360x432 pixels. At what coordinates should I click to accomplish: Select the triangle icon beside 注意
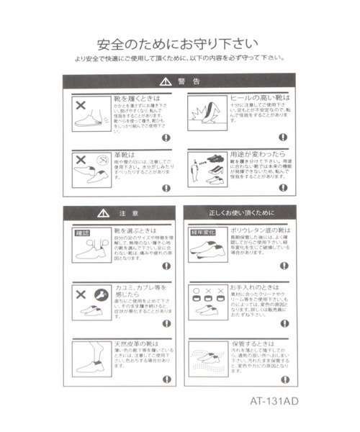pos(102,213)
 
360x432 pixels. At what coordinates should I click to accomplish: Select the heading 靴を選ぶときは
pos(138,230)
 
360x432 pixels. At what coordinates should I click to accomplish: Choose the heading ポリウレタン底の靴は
pos(259,230)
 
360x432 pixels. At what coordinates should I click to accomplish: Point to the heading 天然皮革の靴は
pos(138,344)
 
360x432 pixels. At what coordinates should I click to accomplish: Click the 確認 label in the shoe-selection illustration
pos(83,233)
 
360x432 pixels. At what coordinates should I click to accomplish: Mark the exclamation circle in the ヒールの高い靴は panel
pos(287,137)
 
